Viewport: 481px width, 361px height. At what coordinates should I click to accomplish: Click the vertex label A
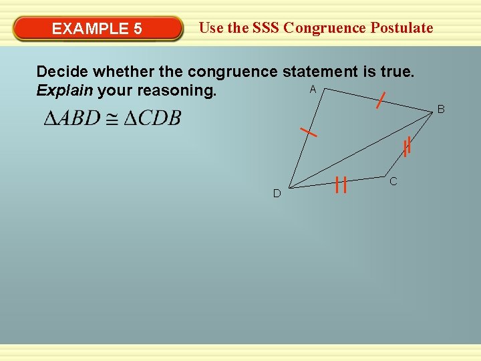coord(313,90)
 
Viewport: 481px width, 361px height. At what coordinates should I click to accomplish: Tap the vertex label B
coord(441,108)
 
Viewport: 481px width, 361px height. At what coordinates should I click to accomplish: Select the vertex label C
coord(393,181)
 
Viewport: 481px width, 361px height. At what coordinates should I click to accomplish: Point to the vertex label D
coord(277,194)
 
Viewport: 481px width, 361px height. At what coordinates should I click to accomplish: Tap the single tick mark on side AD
coord(308,132)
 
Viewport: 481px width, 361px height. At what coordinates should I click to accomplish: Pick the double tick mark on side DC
coord(341,184)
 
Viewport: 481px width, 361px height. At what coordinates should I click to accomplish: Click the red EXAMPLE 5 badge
coord(98,29)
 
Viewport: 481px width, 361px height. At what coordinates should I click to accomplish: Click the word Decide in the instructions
coord(63,72)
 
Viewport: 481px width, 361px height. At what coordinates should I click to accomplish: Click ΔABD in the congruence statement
coord(71,118)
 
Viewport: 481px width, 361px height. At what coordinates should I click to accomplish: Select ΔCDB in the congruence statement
coord(153,118)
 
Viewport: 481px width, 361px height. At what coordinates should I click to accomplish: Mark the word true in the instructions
coord(398,72)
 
